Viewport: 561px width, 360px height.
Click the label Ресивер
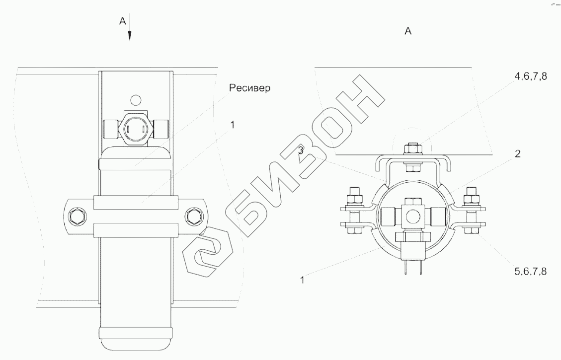(250, 88)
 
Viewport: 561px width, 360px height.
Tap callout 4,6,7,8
(531, 76)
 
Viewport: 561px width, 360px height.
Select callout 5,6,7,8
(531, 272)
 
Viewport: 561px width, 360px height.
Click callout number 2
(517, 154)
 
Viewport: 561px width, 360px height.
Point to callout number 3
(301, 150)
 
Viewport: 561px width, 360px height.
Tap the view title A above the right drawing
(408, 31)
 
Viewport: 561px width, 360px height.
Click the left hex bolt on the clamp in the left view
(78, 216)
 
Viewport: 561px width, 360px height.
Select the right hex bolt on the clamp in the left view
(194, 216)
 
